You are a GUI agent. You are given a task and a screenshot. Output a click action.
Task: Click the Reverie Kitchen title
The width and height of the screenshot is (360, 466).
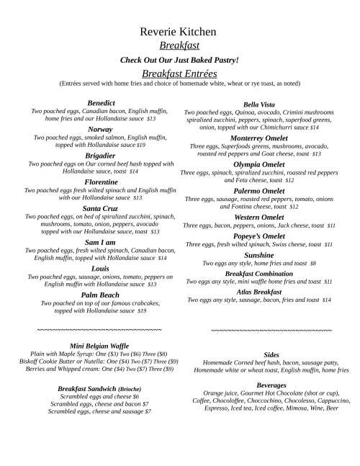pos(179,32)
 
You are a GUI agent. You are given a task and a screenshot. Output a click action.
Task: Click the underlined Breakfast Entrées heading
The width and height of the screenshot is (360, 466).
pos(179,73)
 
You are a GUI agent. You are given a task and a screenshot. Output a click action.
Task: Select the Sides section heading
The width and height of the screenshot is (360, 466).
pos(271,355)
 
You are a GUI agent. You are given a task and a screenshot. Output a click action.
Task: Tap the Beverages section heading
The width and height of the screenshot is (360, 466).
pos(271,385)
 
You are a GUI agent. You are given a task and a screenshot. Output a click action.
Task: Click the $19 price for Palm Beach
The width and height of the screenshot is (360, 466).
pos(142,311)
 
